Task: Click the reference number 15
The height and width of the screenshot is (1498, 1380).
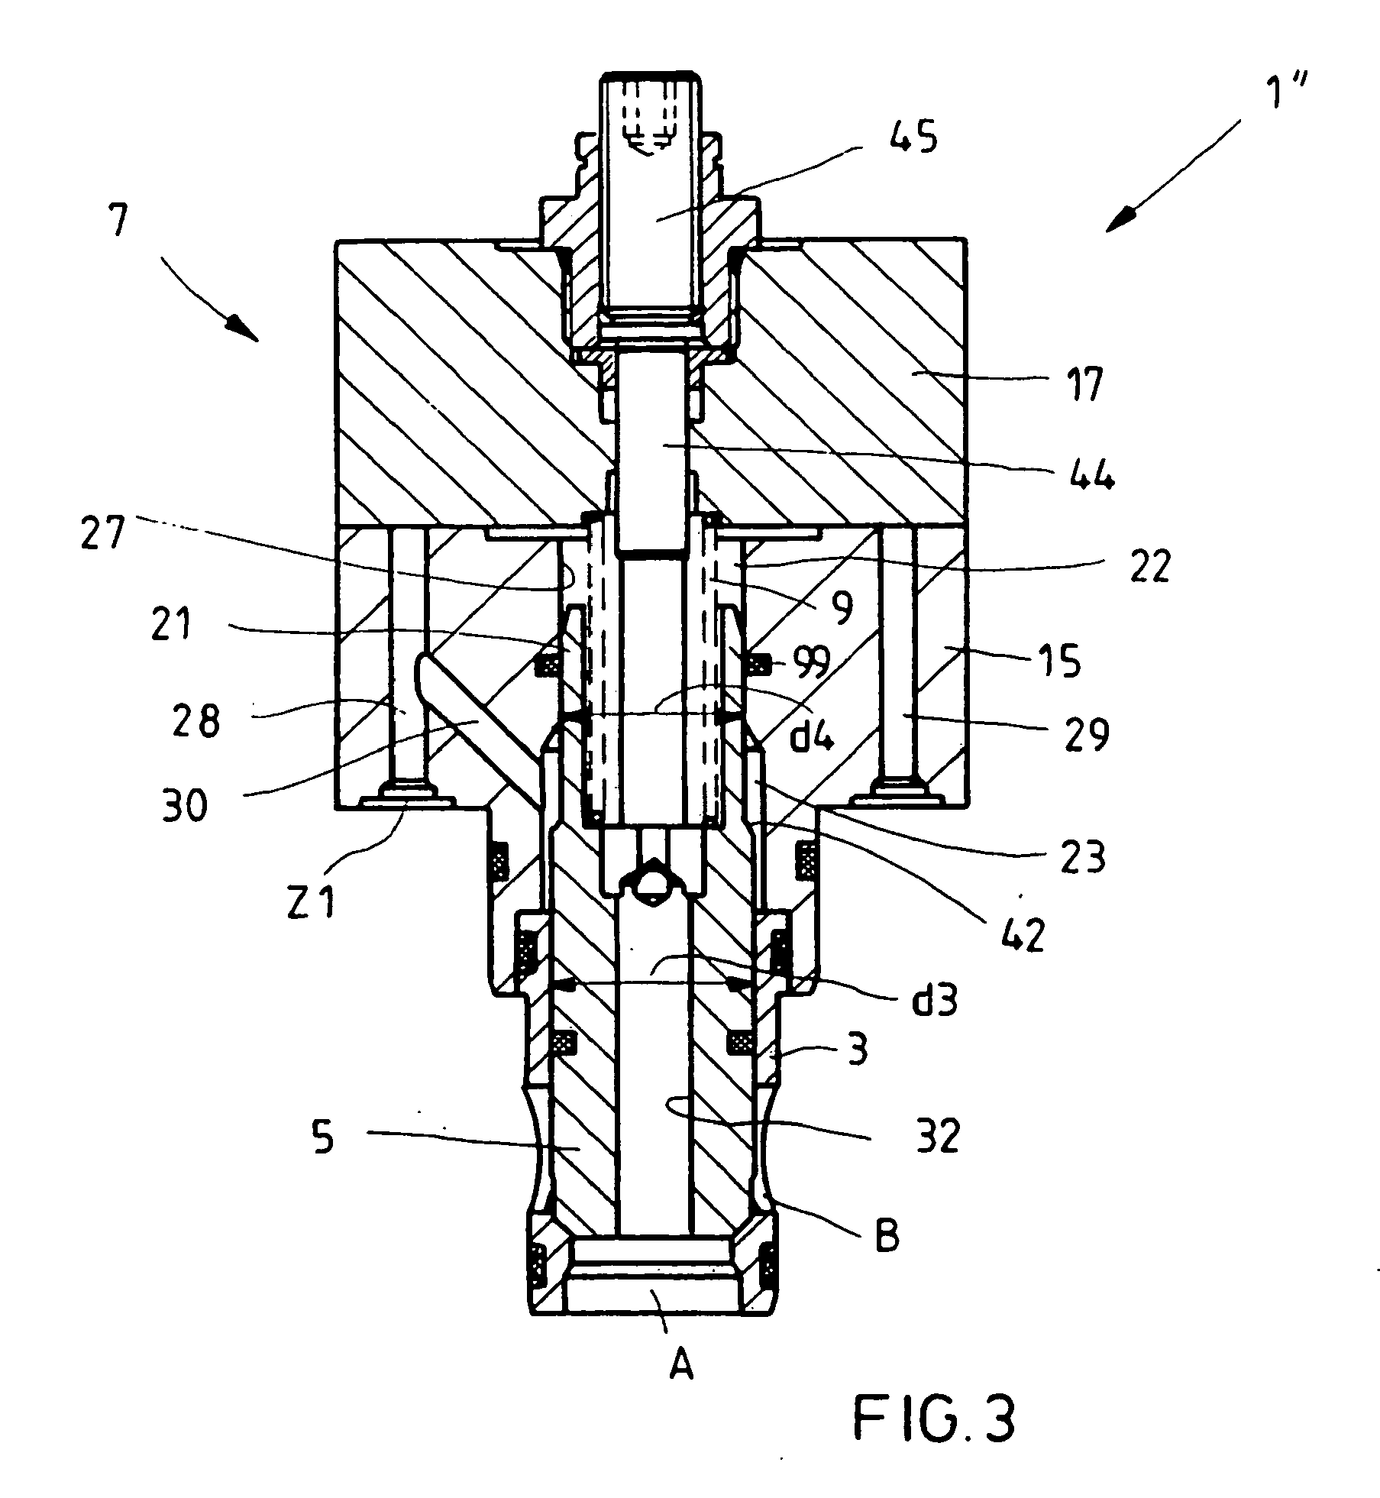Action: (x=1061, y=660)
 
